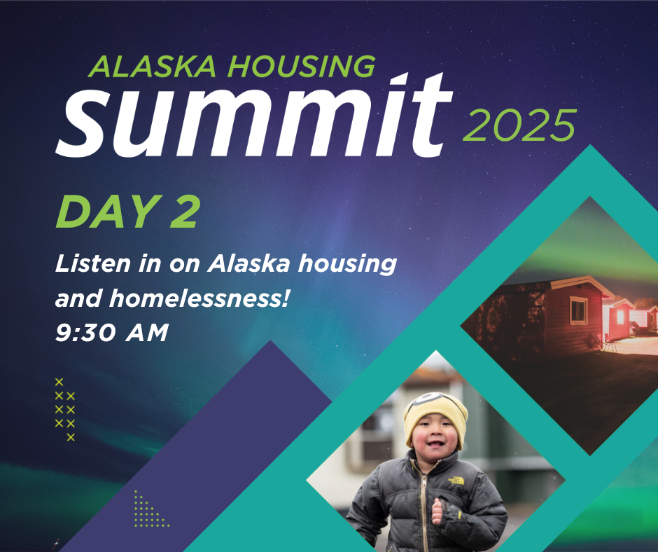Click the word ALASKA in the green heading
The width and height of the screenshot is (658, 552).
(152, 67)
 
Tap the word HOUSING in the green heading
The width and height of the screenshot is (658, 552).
(301, 67)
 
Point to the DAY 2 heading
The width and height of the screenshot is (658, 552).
(128, 212)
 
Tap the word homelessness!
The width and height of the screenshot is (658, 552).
(199, 298)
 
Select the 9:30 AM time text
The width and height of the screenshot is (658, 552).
(111, 333)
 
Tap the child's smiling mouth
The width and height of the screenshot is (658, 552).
(434, 443)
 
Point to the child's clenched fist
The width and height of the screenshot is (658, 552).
(437, 511)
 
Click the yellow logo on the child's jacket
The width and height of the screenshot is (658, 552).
(456, 480)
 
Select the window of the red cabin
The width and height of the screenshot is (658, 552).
(578, 310)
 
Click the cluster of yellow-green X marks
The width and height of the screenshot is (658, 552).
(65, 410)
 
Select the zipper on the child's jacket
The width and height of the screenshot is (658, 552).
(425, 504)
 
